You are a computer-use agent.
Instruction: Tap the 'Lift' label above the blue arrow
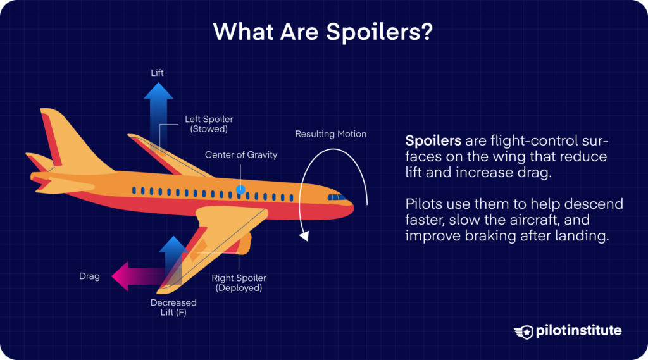tap(157, 73)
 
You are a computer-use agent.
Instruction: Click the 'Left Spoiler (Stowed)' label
tap(206, 123)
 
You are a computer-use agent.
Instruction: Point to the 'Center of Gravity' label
tap(241, 155)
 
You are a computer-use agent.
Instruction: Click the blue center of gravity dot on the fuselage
tap(240, 189)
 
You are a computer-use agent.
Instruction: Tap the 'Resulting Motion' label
tap(330, 134)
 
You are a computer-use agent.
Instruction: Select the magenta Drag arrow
tap(136, 276)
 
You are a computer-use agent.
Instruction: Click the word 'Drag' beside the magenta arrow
tap(89, 276)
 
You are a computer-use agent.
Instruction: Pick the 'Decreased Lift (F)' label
tap(173, 307)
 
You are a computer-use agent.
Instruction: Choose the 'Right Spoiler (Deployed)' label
tap(239, 283)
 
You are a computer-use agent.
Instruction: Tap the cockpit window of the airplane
tap(337, 197)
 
